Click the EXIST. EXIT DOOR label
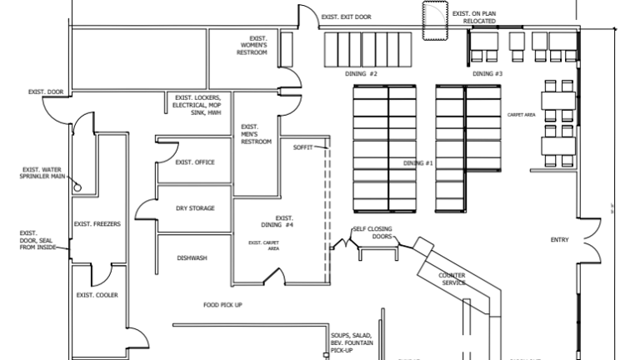point(346,17)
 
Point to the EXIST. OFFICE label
point(194,162)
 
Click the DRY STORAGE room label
point(195,208)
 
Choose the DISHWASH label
point(192,258)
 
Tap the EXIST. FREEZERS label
point(97,223)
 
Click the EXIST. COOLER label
point(97,295)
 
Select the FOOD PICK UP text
point(222,305)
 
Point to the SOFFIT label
point(302,147)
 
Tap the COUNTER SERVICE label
point(453,278)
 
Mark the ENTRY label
point(559,241)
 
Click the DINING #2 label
point(362,74)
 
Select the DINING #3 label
point(487,74)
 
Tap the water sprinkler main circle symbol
point(76,186)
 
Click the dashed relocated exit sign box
point(435,21)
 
